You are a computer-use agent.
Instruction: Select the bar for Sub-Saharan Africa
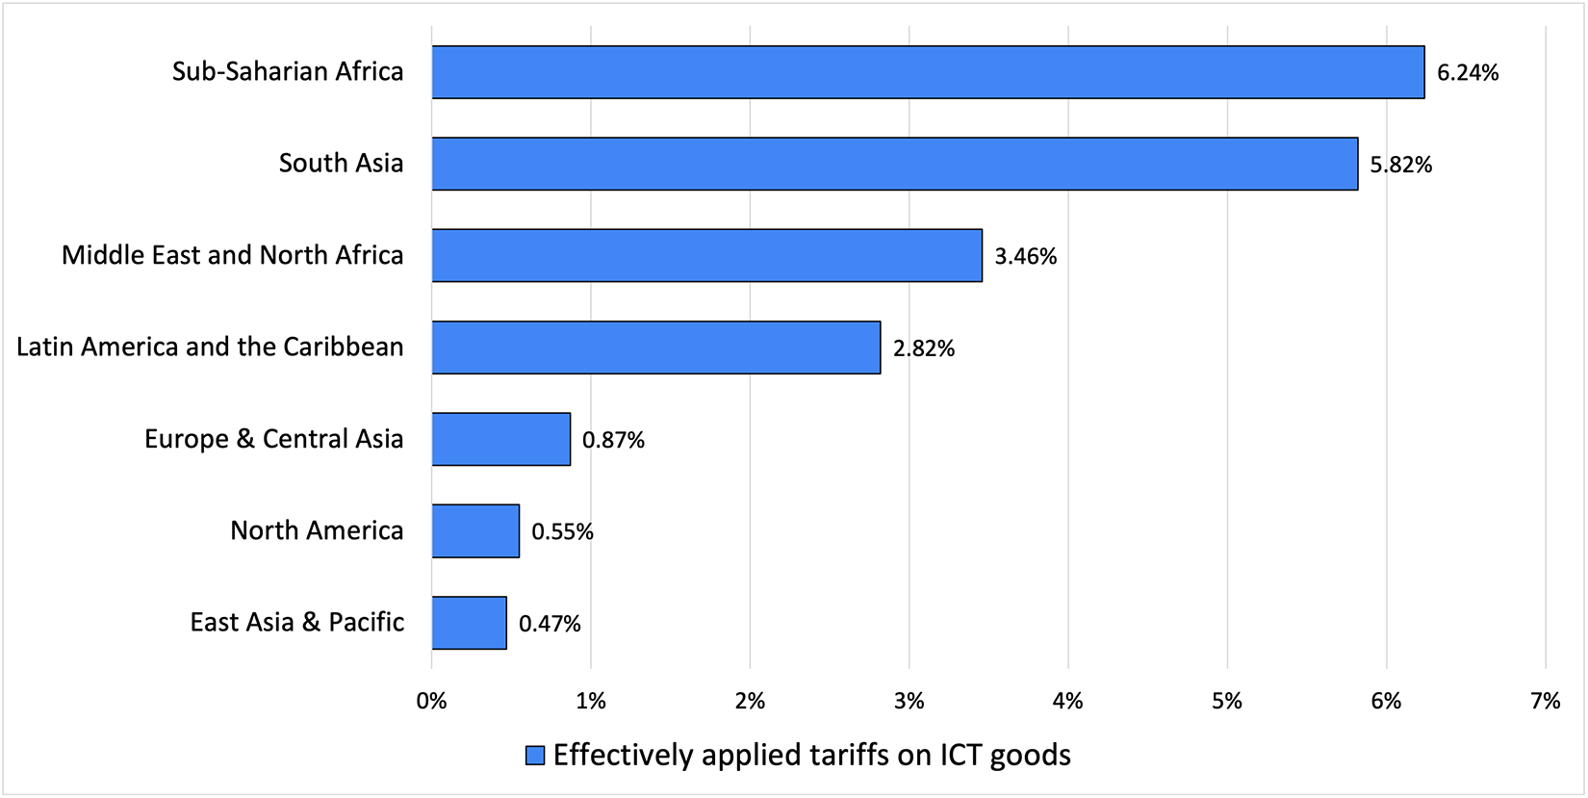(x=928, y=72)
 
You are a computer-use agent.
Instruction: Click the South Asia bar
(x=895, y=164)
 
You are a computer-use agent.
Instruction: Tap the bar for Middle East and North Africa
(x=707, y=255)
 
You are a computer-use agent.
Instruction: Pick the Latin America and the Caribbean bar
(x=656, y=348)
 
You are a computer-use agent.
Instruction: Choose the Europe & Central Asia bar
(x=501, y=439)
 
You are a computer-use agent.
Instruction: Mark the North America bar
(x=475, y=531)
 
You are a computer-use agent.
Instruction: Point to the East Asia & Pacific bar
(x=470, y=623)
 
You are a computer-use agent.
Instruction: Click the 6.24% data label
(x=1468, y=73)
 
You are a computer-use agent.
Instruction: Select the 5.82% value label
(x=1401, y=165)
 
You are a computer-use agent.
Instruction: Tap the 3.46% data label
(x=1026, y=256)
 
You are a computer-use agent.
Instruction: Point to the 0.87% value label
(x=613, y=440)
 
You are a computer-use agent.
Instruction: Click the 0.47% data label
(x=550, y=624)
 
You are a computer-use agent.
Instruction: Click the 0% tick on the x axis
(x=432, y=702)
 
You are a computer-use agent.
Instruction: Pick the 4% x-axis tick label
(x=1068, y=702)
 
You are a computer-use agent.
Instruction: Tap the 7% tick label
(x=1545, y=702)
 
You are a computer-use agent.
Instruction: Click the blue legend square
(x=535, y=756)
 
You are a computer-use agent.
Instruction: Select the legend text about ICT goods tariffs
(x=811, y=756)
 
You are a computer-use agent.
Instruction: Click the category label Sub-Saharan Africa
(x=288, y=72)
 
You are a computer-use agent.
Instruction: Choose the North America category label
(x=317, y=530)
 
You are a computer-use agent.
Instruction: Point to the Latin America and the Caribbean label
(x=210, y=347)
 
